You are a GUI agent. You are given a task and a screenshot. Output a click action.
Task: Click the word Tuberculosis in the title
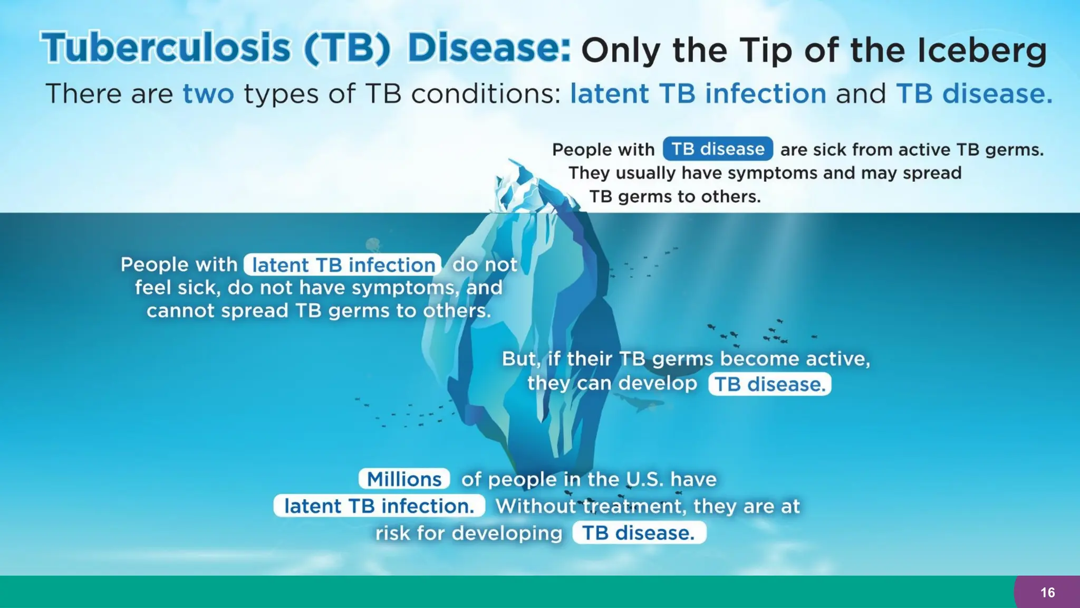pos(165,49)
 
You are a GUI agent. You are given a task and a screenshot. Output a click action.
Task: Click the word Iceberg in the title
pos(981,51)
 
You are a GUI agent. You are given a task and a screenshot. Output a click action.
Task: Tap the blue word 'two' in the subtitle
pos(208,94)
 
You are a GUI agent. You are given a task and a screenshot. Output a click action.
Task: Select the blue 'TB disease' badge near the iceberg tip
pos(717,149)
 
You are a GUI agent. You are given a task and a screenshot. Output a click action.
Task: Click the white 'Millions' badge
pos(404,479)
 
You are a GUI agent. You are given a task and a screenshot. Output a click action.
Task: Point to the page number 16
pos(1047,593)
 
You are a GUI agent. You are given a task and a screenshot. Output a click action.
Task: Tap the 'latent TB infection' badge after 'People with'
pos(343,265)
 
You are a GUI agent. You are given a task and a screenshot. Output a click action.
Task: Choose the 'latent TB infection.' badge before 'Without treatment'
pos(379,506)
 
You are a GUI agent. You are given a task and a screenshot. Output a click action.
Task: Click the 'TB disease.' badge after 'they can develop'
pos(769,384)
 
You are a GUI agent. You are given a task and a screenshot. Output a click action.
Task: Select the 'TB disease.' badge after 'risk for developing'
pos(639,533)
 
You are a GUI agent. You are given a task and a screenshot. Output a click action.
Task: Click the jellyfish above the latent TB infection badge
pos(373,244)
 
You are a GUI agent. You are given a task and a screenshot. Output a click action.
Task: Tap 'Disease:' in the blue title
pos(488,49)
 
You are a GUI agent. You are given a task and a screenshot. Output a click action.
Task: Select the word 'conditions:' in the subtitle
pos(486,94)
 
